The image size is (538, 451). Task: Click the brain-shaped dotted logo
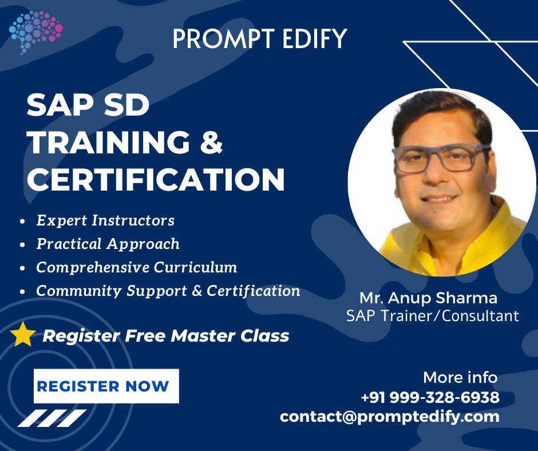click(35, 31)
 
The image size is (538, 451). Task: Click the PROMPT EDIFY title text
click(259, 38)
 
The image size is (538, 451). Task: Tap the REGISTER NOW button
click(106, 386)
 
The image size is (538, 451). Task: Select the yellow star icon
click(23, 334)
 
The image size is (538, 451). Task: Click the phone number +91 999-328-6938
click(430, 397)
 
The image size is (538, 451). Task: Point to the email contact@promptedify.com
click(389, 416)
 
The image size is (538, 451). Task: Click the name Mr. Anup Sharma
click(428, 298)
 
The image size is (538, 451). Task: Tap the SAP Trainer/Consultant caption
click(433, 315)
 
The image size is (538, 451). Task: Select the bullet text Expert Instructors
click(105, 220)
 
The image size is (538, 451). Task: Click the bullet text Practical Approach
click(108, 244)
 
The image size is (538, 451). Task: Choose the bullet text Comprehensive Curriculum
click(137, 267)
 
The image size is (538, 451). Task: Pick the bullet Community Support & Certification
click(168, 291)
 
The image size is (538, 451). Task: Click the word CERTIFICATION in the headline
click(156, 179)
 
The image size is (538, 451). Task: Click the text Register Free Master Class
click(166, 335)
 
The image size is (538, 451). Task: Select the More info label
click(460, 378)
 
